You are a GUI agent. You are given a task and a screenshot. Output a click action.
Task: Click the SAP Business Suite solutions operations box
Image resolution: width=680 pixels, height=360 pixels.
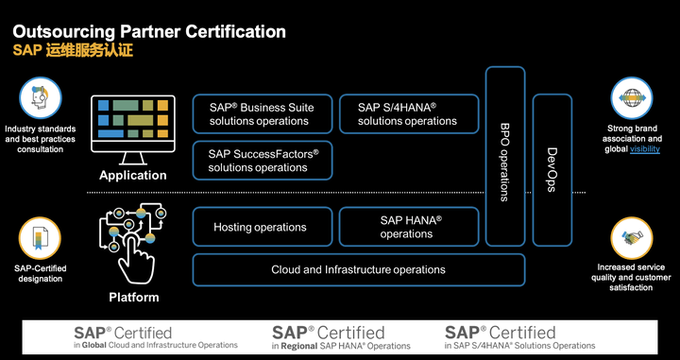pyautogui.click(x=263, y=113)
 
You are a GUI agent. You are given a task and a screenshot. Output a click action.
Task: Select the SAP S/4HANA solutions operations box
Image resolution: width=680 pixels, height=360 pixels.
pyautogui.click(x=407, y=113)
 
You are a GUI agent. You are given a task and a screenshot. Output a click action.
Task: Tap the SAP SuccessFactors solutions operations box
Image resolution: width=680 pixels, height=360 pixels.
pyautogui.click(x=263, y=161)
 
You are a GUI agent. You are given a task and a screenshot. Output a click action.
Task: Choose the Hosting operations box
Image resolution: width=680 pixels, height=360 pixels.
pyautogui.click(x=260, y=227)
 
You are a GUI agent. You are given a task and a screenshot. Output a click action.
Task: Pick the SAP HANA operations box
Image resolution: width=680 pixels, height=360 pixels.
pyautogui.click(x=407, y=227)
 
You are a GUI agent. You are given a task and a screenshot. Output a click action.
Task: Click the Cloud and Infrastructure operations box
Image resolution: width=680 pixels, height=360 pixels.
pyautogui.click(x=358, y=269)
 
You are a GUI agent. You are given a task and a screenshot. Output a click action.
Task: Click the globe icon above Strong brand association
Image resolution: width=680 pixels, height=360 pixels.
pyautogui.click(x=631, y=98)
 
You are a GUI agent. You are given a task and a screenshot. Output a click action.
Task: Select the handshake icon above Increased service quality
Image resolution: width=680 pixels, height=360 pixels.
pyautogui.click(x=631, y=238)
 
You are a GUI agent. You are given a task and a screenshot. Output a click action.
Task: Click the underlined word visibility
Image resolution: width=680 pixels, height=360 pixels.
pyautogui.click(x=644, y=149)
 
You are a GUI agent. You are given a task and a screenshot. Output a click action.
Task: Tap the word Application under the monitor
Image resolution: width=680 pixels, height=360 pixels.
pyautogui.click(x=133, y=175)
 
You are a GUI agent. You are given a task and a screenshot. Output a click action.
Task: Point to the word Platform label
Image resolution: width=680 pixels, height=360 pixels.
pyautogui.click(x=133, y=298)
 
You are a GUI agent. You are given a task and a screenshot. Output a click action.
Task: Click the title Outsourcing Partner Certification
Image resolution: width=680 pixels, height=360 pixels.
pyautogui.click(x=148, y=31)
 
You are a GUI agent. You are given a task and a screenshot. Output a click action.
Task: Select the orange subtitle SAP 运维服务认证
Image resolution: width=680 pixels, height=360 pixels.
pyautogui.click(x=73, y=50)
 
